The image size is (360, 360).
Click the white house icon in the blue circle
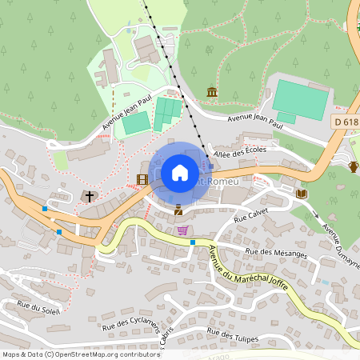pyautogui.click(x=180, y=173)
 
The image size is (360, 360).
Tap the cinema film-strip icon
pyautogui.click(x=142, y=180)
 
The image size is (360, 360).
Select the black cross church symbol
pyautogui.click(x=90, y=195)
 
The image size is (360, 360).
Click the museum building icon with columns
pyautogui.click(x=212, y=93)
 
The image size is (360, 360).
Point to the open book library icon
pyautogui.click(x=302, y=194)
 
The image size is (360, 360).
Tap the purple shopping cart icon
pyautogui.click(x=183, y=230)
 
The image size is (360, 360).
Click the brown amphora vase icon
pyautogui.click(x=354, y=166)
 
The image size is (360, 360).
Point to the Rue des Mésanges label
pyautogui.click(x=276, y=252)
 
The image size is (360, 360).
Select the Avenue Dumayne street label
pyautogui.click(x=341, y=237)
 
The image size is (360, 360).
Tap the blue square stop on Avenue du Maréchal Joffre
pyautogui.click(x=193, y=242)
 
